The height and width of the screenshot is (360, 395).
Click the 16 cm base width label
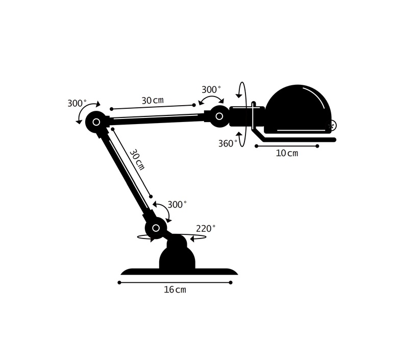click(175, 290)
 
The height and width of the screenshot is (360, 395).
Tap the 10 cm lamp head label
click(287, 153)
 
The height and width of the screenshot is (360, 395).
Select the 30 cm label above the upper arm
click(153, 100)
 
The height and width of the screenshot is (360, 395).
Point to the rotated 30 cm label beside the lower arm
click(137, 160)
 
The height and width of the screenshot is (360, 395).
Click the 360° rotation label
click(228, 143)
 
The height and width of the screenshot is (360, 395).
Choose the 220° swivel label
click(206, 228)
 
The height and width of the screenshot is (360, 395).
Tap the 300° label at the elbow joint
click(77, 103)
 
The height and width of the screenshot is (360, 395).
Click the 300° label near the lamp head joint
click(211, 89)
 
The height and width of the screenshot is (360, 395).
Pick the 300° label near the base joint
click(178, 204)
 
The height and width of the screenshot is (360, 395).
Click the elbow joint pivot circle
click(96, 122)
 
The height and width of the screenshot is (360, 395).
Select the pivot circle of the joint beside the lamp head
click(219, 116)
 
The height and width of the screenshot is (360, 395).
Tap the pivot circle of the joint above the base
click(156, 228)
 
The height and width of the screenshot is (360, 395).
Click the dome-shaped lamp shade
click(298, 109)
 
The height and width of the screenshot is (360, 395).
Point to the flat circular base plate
click(179, 272)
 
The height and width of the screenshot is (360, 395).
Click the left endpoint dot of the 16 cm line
click(119, 282)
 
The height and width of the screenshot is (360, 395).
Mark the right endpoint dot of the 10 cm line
click(317, 146)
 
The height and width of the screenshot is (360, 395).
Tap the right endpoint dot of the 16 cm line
click(231, 282)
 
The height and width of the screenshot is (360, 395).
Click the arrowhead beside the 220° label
click(193, 238)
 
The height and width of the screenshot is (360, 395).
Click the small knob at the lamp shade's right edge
click(333, 126)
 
